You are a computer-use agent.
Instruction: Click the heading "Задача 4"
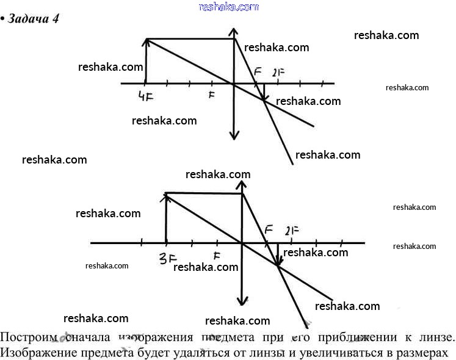pyautogui.click(x=34, y=18)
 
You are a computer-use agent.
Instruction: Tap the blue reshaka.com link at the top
pyautogui.click(x=229, y=7)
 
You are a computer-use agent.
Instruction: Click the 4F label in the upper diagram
pyautogui.click(x=145, y=96)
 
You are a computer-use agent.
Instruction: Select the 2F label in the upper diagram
pyautogui.click(x=278, y=72)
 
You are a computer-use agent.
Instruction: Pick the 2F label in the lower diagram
pyautogui.click(x=291, y=231)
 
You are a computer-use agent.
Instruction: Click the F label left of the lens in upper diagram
pyautogui.click(x=211, y=95)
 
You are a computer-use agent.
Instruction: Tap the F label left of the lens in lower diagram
pyautogui.click(x=216, y=257)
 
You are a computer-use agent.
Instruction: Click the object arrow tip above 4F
pyautogui.click(x=146, y=41)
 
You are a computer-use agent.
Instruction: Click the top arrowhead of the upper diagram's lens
pyautogui.click(x=234, y=30)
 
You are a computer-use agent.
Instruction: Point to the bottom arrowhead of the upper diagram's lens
pyautogui.click(x=234, y=137)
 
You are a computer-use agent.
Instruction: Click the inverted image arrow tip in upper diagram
pyautogui.click(x=263, y=99)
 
